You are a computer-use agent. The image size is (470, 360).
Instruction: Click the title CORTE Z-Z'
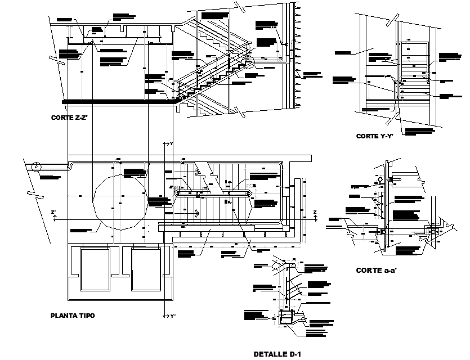click(x=69, y=118)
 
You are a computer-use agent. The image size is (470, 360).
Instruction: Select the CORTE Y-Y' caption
click(x=374, y=136)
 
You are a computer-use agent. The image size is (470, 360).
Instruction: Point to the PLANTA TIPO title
click(x=73, y=316)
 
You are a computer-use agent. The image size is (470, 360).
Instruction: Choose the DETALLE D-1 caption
click(x=278, y=354)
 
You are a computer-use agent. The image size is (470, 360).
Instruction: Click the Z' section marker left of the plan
click(x=53, y=215)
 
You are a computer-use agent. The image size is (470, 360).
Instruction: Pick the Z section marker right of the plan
click(x=315, y=215)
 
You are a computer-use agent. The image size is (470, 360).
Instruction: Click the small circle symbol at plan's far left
click(x=36, y=166)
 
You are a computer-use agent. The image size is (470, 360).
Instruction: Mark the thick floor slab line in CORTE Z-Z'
click(x=118, y=102)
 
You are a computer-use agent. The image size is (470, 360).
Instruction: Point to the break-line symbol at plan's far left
click(x=32, y=196)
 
